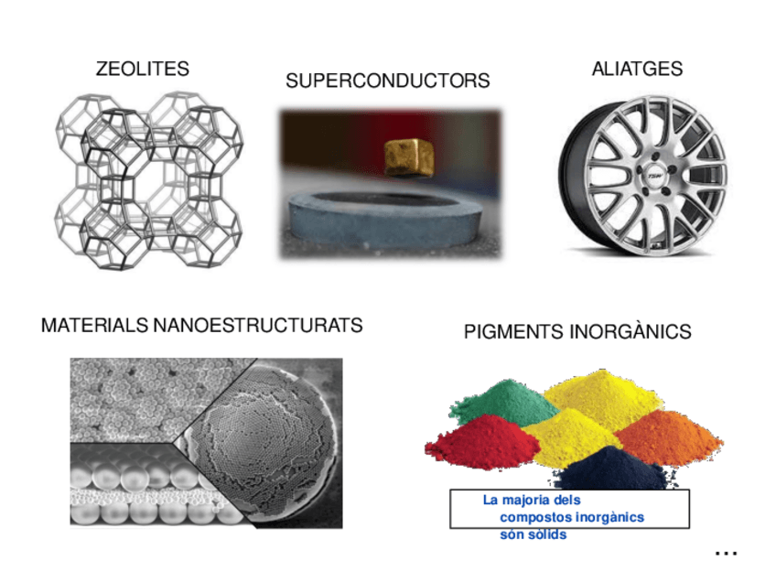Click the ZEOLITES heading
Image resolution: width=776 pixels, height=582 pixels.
click(142, 69)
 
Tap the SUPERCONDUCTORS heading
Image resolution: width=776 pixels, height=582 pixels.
click(387, 81)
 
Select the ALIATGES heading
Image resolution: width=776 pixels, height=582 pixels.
click(637, 70)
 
